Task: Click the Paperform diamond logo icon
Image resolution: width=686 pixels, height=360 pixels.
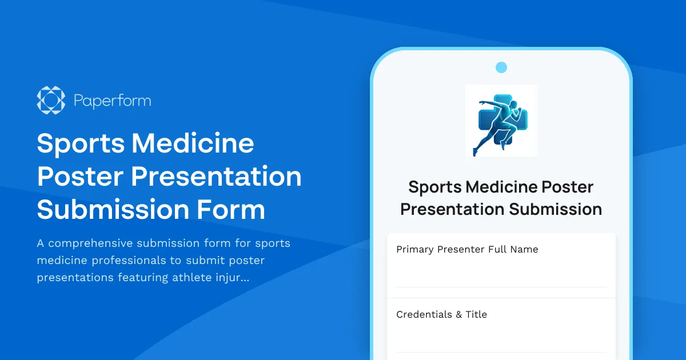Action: click(50, 101)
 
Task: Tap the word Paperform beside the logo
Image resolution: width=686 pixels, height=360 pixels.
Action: click(113, 101)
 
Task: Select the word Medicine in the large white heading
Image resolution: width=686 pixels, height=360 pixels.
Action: click(193, 143)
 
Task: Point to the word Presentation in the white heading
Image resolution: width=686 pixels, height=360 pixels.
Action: click(216, 177)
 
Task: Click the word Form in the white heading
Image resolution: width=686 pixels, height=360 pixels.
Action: click(232, 210)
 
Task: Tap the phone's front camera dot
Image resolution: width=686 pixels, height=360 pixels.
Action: click(501, 67)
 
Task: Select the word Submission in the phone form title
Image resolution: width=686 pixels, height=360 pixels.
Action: click(556, 209)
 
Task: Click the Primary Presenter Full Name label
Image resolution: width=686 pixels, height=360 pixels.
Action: click(467, 249)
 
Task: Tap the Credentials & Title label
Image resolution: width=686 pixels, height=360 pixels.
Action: click(441, 314)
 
